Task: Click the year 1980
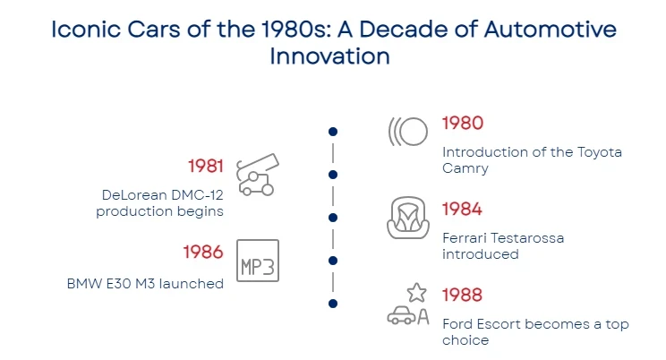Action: point(463,124)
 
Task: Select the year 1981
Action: point(206,166)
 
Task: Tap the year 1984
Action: point(462,210)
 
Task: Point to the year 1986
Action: point(203,252)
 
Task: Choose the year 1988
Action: point(462,295)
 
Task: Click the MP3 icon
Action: point(258,261)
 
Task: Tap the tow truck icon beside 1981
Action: point(258,175)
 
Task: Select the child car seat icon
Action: point(408,218)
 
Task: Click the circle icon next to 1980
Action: point(413,132)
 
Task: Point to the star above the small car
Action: point(416,293)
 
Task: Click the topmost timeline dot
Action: point(333,132)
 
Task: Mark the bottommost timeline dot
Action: point(333,304)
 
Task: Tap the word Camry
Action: point(465,168)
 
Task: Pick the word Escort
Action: point(499,324)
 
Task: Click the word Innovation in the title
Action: point(330,56)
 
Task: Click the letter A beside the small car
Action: point(423,316)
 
